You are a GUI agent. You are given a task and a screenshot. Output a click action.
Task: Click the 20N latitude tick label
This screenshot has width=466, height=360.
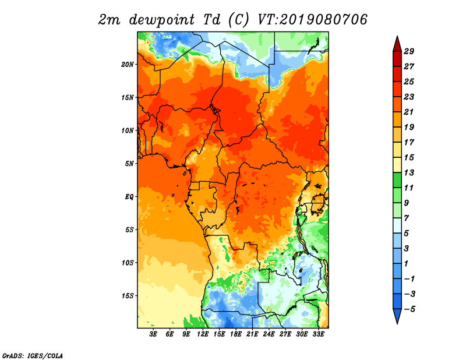click(127, 65)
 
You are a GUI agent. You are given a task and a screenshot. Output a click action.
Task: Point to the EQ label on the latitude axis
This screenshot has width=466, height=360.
click(129, 197)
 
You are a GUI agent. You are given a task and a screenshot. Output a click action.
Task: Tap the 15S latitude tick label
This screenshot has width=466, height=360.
click(127, 296)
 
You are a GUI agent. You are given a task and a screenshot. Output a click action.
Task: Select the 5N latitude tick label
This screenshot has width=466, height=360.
click(129, 164)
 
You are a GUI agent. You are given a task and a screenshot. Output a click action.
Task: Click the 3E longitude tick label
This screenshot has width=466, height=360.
click(153, 334)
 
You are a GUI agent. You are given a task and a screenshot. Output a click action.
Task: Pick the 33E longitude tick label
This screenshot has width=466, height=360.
click(318, 334)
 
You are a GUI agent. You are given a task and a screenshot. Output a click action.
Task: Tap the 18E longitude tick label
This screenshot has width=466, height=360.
click(236, 334)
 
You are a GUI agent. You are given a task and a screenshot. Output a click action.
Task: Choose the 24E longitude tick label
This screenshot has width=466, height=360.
click(269, 334)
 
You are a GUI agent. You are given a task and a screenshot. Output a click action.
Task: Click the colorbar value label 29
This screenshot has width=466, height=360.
click(409, 51)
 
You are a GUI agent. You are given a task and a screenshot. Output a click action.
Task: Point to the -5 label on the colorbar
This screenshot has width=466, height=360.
click(409, 309)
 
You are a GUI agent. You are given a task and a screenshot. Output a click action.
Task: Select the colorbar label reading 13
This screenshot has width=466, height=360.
click(409, 172)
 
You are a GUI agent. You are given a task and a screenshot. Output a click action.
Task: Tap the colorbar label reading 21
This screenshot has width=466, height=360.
click(409, 112)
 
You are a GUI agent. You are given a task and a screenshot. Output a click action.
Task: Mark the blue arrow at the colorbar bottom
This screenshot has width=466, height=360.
click(397, 316)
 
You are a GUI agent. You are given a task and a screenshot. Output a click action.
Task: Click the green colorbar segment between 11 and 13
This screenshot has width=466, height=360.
click(397, 180)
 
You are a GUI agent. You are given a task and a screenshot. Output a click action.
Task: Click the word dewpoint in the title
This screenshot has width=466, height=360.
click(161, 20)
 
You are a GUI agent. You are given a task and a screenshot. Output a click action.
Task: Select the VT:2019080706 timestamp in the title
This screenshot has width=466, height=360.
click(312, 20)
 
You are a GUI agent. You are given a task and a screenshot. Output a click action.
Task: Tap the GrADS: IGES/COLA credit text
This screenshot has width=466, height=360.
click(33, 355)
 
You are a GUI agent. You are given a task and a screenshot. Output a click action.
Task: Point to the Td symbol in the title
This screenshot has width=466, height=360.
click(212, 20)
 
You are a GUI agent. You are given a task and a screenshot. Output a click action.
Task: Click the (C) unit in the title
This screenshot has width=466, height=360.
click(238, 20)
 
